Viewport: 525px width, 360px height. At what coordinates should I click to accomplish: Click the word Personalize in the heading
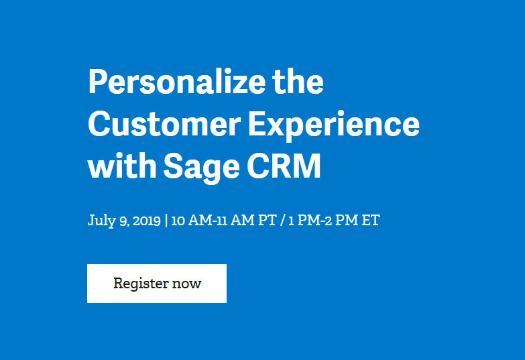[177, 81]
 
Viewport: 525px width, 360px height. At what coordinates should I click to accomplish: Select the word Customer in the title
[164, 123]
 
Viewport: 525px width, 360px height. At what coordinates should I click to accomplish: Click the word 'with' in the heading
[122, 165]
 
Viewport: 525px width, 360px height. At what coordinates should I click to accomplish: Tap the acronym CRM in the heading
[284, 166]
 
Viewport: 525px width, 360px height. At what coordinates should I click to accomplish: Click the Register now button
[157, 284]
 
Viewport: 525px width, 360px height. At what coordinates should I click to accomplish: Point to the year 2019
[147, 221]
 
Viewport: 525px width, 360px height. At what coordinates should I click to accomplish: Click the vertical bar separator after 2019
[166, 221]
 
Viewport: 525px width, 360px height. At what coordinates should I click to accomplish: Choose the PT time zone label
[268, 221]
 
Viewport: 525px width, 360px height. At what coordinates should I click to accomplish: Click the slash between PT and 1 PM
[282, 221]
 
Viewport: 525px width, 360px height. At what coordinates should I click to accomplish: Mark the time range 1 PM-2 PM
[323, 221]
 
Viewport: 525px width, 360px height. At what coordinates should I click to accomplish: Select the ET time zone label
[371, 221]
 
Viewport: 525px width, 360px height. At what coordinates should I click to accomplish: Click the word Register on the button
[141, 284]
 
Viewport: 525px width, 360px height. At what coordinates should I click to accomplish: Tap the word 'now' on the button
[186, 284]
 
